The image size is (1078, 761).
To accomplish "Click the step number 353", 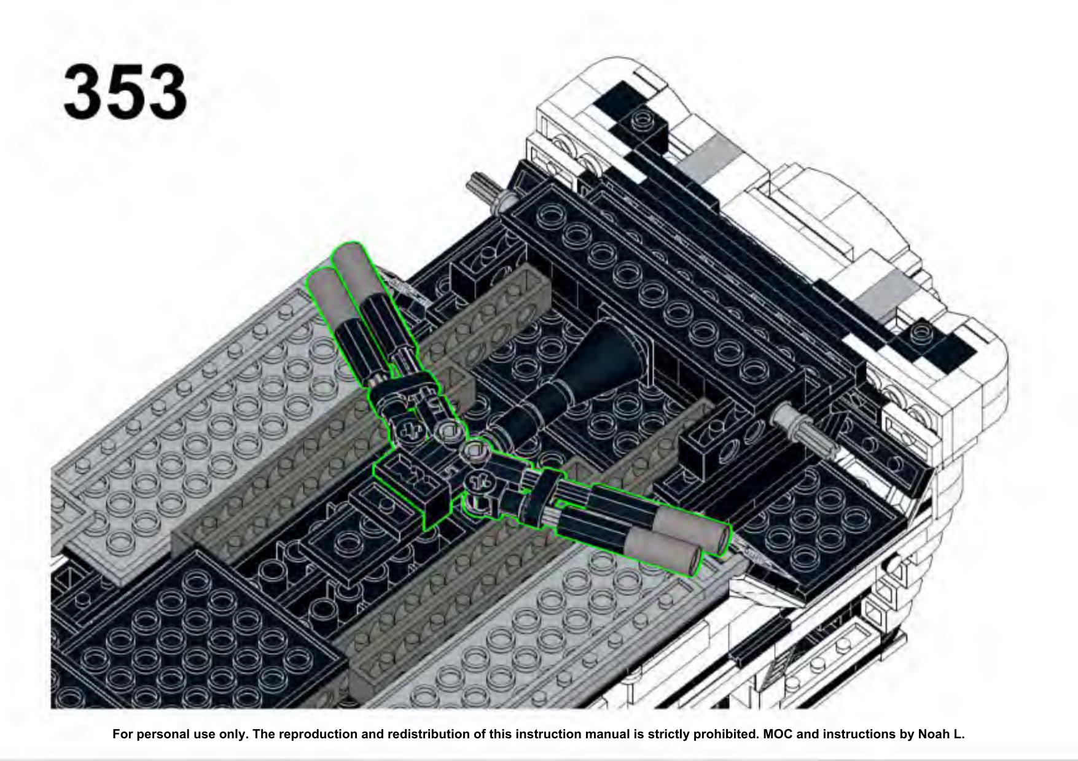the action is coord(125,92).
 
